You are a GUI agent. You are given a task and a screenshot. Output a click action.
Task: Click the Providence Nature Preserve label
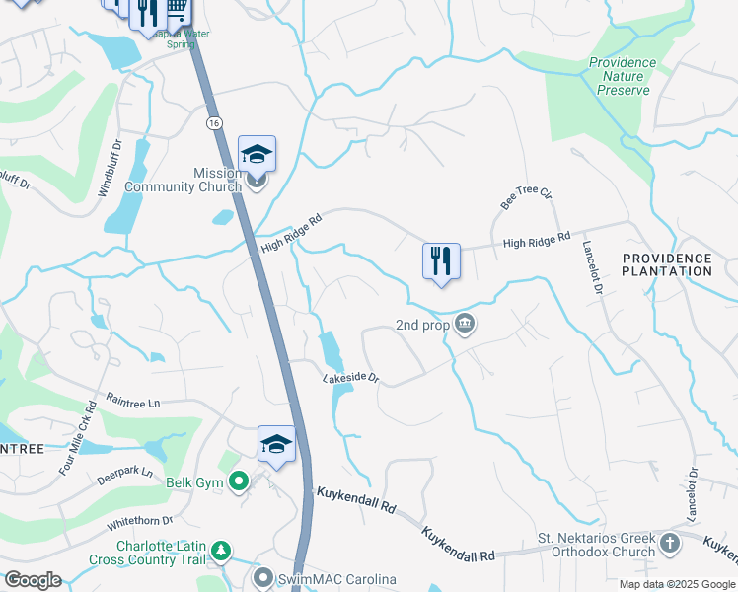(x=623, y=76)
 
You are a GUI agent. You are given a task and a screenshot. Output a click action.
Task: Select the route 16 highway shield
(x=213, y=122)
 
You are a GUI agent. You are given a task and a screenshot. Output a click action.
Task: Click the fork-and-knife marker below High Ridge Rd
(x=440, y=261)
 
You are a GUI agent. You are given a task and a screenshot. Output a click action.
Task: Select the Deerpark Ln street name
(x=124, y=473)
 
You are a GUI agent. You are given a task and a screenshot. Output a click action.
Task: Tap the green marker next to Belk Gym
(x=238, y=482)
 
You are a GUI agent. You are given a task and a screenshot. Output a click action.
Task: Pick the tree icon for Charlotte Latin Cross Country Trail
(x=224, y=549)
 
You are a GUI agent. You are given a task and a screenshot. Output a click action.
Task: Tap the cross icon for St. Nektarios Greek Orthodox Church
(x=670, y=544)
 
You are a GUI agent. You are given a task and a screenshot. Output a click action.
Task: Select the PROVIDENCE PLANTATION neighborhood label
(x=667, y=264)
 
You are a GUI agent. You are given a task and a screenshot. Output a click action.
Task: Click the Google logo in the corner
(x=33, y=580)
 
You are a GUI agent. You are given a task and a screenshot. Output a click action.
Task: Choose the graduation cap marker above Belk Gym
(x=276, y=444)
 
